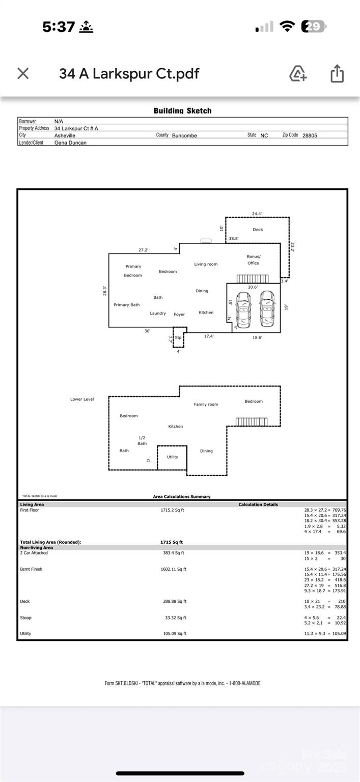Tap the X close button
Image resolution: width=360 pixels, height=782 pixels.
pos(23,73)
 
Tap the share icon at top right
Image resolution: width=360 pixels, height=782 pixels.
pos(337,74)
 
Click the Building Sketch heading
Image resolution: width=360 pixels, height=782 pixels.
pos(182,110)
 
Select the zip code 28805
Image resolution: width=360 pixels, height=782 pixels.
pos(310,135)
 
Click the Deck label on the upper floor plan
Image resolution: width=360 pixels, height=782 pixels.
pos(258,230)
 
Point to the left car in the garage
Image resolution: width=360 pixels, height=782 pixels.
pos(244,309)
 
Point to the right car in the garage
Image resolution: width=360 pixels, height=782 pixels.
pos(266,309)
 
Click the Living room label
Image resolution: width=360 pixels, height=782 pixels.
pos(206,264)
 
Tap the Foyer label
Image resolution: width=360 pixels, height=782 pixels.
pos(179,315)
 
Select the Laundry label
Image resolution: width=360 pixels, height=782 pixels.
pos(158,313)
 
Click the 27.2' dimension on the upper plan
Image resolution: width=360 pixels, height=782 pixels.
pos(144,250)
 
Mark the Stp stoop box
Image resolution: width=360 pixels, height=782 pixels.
pos(178,338)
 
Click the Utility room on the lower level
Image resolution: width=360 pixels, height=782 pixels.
pos(173,457)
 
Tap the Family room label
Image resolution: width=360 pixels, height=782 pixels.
pos(206,404)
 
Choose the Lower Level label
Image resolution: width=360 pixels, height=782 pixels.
pos(82,399)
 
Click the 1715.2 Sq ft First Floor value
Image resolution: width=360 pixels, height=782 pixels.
pos(172,510)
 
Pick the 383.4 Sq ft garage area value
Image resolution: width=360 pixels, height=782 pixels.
pos(174,552)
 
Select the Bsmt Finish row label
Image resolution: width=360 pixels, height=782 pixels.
pos(31,569)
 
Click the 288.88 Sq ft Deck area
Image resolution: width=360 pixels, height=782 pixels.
pos(175,601)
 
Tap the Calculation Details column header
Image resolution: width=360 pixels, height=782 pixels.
pos(258,505)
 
